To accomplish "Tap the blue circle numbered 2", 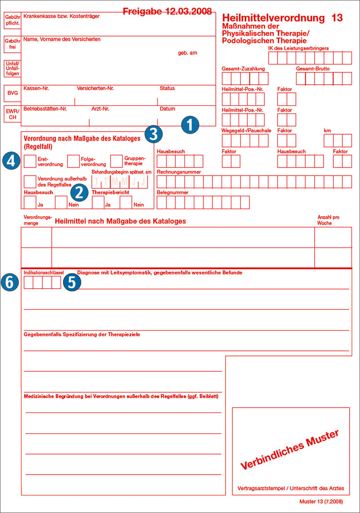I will point(79,192).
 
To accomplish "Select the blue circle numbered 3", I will point(153,133).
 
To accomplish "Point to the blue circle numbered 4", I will point(10,161).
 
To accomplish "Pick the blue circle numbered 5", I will point(72,282).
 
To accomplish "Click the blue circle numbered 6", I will point(10,282).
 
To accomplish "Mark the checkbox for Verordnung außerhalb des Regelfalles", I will point(30,182).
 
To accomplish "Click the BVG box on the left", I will point(13,93).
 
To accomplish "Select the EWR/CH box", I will point(13,113).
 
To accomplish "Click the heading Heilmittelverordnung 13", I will point(282,18).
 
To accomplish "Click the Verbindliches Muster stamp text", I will point(289,450).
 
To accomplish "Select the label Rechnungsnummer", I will point(179,172).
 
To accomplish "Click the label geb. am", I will point(188,53).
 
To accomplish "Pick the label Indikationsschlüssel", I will point(44,272).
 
